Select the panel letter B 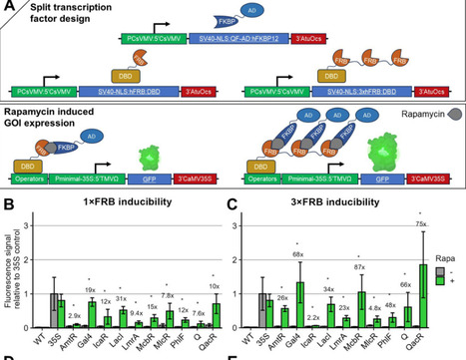7,207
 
